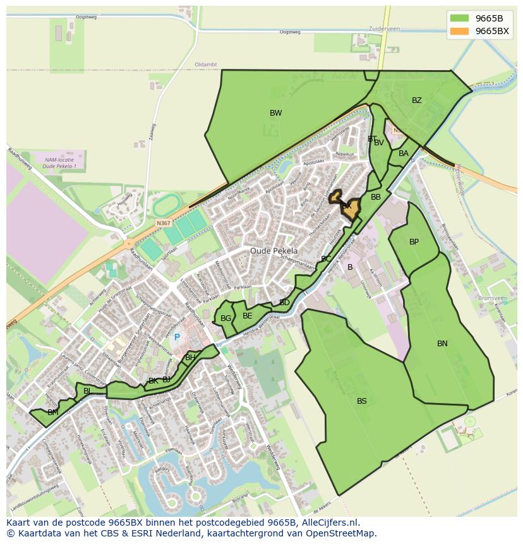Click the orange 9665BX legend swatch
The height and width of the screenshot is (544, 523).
point(460,32)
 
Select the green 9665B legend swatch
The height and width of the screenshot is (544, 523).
point(460,18)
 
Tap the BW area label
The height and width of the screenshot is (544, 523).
point(275,114)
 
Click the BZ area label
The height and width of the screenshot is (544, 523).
point(416,101)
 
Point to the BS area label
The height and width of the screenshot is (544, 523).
point(361,401)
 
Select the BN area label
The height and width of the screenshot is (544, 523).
point(442,344)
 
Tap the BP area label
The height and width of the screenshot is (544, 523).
point(414,242)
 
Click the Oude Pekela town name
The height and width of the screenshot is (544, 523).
point(274,251)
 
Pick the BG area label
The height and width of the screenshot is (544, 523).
point(225,318)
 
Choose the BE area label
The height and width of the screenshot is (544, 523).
point(247,316)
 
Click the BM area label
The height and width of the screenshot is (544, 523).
point(52,413)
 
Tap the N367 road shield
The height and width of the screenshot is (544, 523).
point(164,224)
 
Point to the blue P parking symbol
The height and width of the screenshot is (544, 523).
point(177,338)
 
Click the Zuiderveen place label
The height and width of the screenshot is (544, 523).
point(385,29)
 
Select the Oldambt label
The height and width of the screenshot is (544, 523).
point(205,64)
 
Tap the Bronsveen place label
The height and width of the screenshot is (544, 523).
point(493,298)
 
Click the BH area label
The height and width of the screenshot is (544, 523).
point(190,358)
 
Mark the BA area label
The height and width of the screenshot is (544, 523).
point(404,154)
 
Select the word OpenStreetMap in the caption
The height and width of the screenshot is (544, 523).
point(342,533)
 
